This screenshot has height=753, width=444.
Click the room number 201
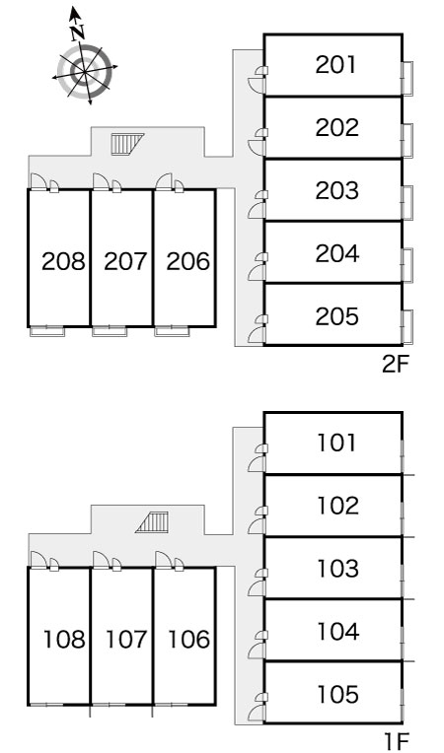(x=336, y=65)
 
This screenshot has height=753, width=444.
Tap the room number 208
(x=63, y=261)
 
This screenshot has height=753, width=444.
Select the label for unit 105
(x=337, y=694)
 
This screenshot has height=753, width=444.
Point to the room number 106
(x=188, y=640)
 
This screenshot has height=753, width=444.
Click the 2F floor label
(x=395, y=366)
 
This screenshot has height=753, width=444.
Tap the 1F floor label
(x=397, y=742)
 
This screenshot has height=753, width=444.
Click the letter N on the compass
(x=77, y=32)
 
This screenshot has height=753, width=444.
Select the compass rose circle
(x=86, y=72)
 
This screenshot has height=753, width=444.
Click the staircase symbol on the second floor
(x=127, y=143)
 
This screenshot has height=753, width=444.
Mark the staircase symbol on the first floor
(x=153, y=522)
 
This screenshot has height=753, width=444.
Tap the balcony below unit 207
(x=110, y=331)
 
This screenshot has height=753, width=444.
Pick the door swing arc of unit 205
(x=256, y=336)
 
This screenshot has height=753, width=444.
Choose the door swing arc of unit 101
(x=256, y=464)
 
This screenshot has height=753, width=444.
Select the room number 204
(x=336, y=253)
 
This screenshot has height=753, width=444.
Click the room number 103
(x=337, y=568)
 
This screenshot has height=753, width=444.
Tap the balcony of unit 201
(x=407, y=78)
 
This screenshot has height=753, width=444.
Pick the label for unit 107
(x=125, y=640)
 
